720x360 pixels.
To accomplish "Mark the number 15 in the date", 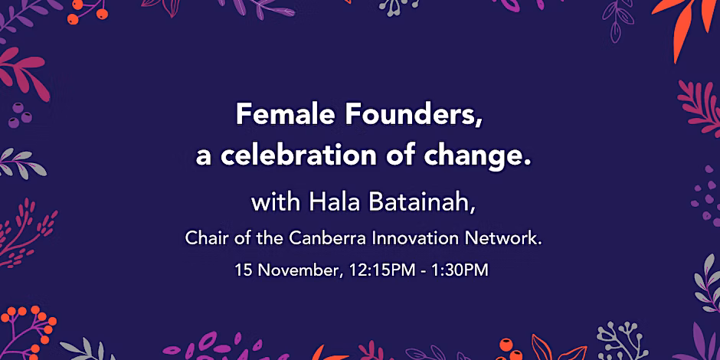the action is [x=244, y=270].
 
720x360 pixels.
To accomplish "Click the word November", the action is [x=299, y=270].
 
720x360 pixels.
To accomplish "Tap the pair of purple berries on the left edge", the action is [x=19, y=115].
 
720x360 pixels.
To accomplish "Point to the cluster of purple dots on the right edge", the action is [x=705, y=196].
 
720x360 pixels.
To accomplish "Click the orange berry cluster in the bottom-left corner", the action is [x=28, y=329].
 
